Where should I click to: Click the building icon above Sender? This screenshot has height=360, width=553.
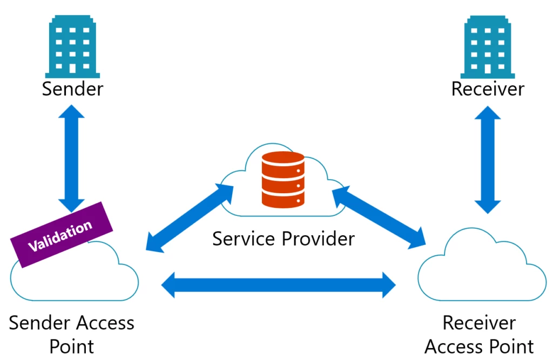72,46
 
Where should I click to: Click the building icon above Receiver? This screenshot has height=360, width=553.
487,46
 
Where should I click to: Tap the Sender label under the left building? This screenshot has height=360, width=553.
72,89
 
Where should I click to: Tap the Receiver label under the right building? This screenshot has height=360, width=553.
488,89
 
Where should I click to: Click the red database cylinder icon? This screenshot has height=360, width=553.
282,179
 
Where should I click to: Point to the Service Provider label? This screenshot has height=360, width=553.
284,238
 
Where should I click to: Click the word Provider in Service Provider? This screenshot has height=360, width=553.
319,238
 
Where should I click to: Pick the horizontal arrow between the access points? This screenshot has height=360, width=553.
279,284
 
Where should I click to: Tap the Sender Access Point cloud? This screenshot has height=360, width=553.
76,275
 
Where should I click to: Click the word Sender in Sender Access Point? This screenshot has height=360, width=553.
39,323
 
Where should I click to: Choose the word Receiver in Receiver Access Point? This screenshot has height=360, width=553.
479,323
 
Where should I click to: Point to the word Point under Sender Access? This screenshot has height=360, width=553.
72,346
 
